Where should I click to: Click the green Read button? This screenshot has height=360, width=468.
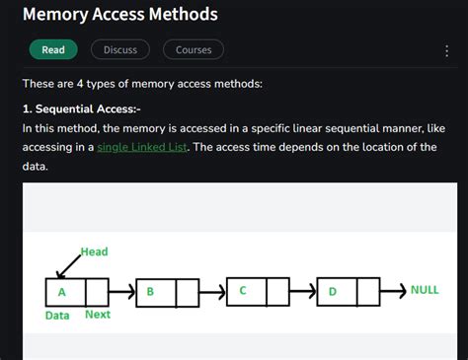53,49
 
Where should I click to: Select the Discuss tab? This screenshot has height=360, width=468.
120,49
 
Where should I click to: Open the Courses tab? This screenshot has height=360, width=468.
194,49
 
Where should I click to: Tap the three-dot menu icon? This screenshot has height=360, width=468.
447,50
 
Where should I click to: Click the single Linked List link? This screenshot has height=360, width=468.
143,147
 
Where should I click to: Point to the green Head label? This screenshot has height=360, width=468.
94,252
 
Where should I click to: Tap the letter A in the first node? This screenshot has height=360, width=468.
62,292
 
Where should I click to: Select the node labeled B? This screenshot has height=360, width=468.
151,293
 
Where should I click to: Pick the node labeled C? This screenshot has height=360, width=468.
243,291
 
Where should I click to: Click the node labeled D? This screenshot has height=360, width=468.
333,292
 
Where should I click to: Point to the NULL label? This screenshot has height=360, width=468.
425,291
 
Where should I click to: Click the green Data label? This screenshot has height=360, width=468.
57,316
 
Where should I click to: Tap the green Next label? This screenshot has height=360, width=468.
98,316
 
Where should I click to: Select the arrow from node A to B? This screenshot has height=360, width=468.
121,292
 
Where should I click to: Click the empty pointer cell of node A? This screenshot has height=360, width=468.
97,292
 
